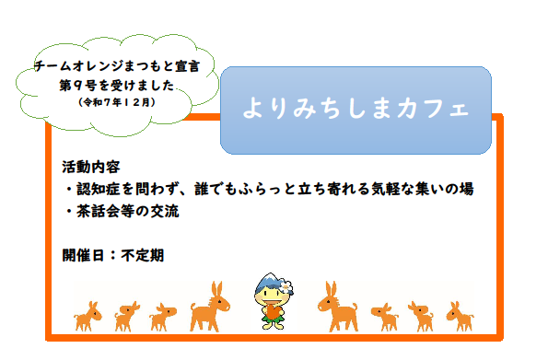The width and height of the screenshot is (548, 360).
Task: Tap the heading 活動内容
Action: tap(91, 168)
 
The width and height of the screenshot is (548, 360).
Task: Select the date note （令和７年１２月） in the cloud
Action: tap(117, 101)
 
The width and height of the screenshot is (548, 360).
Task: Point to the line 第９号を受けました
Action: tap(116, 85)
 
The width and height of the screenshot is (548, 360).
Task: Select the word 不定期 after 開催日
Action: tap(142, 255)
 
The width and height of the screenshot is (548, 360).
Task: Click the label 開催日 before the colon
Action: tap(84, 255)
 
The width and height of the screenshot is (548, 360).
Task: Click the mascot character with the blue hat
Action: tap(273, 300)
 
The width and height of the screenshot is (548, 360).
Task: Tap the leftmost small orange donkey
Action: tap(88, 315)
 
